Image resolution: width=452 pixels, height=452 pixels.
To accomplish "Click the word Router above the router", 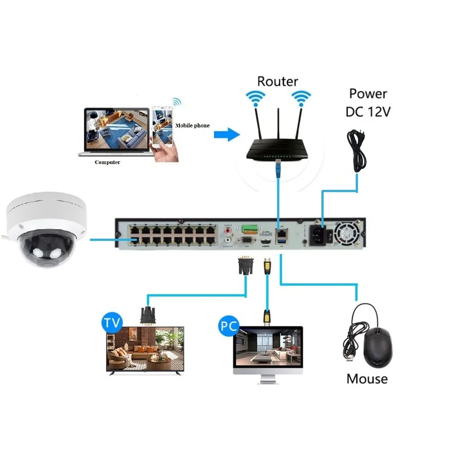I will click(x=278, y=81).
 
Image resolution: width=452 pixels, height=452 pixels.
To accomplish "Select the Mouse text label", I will click(x=367, y=378).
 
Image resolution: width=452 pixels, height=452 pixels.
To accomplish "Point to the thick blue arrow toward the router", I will click(x=226, y=134).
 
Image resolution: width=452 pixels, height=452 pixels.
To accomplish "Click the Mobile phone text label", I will click(x=193, y=125).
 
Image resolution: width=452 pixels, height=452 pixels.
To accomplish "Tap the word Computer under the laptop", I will click(x=108, y=162).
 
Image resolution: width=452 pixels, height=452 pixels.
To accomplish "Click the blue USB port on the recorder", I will click(x=281, y=244).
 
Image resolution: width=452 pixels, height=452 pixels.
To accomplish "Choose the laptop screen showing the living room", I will click(x=116, y=130).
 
